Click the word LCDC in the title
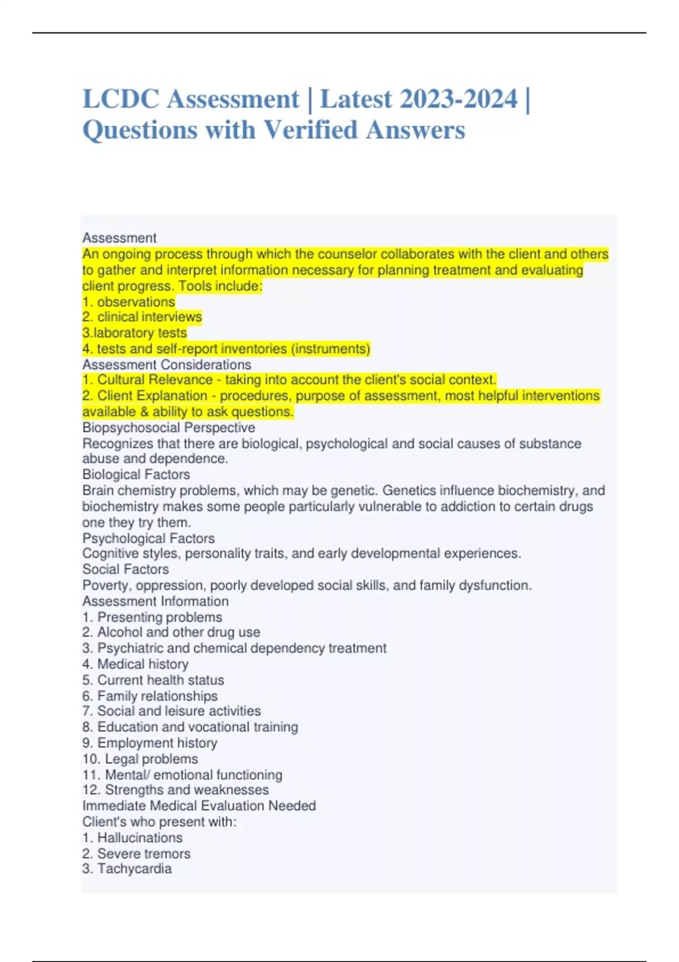121,99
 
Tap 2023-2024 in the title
458,99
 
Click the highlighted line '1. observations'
128,302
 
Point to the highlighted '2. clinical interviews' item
142,317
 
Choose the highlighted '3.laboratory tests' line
134,333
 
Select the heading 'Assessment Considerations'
166,364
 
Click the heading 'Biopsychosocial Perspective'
169,427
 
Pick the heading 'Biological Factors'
136,474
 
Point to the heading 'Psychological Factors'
148,538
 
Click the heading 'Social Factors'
126,569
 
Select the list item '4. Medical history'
135,664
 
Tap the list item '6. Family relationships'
150,695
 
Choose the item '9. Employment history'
150,743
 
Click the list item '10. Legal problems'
140,759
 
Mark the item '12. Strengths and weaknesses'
175,790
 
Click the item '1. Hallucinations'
132,838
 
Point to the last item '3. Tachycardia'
127,869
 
